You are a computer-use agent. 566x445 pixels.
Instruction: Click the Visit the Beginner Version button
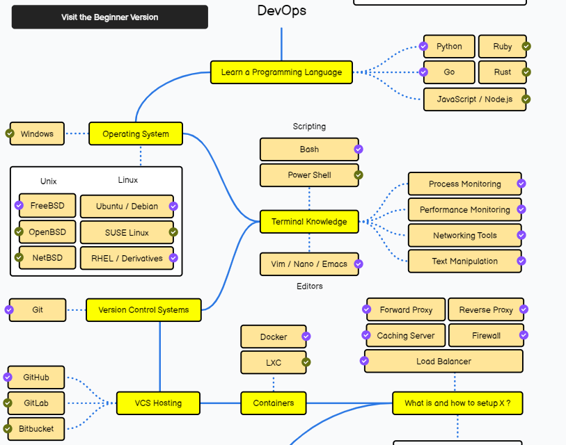[x=109, y=17]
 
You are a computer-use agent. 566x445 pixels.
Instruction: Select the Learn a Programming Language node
[x=281, y=72]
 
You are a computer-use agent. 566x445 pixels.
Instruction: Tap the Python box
[x=449, y=47]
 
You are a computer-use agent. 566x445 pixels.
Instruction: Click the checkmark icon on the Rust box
[x=526, y=72]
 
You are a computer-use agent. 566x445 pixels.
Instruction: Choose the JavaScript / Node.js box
[x=474, y=99]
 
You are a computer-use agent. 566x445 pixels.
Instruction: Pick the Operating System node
[x=136, y=134]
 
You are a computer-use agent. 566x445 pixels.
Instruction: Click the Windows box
[x=37, y=134]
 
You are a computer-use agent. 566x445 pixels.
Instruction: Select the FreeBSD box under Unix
[x=47, y=206]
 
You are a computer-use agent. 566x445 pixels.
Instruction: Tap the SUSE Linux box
[x=127, y=232]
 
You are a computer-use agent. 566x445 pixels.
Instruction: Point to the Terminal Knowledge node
[x=309, y=222]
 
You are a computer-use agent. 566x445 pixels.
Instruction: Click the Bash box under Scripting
[x=309, y=149]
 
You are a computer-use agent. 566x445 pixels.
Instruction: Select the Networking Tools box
[x=464, y=236]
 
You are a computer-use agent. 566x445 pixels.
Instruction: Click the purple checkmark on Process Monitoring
[x=521, y=184]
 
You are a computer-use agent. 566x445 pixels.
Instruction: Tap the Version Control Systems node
[x=143, y=310]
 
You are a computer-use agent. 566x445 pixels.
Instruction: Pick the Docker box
[x=273, y=337]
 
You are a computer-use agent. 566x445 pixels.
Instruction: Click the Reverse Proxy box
[x=486, y=310]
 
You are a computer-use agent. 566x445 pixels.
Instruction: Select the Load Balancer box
[x=443, y=362]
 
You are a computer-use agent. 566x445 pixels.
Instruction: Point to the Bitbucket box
[x=36, y=429]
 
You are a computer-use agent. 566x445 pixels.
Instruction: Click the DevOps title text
[x=281, y=10]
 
